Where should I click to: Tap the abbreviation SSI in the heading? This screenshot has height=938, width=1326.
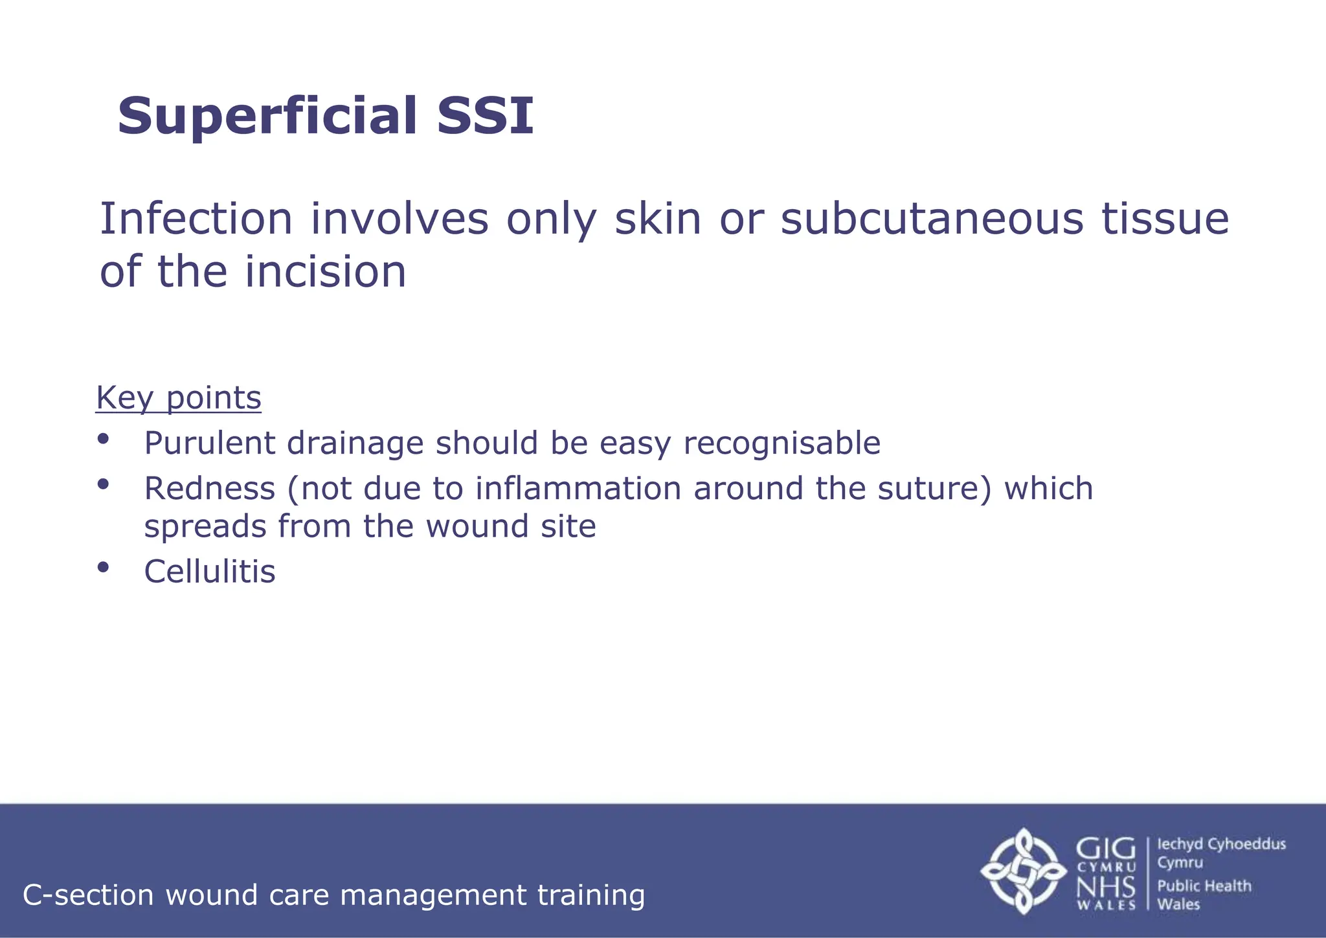(485, 117)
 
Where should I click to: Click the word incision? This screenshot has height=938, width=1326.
(326, 271)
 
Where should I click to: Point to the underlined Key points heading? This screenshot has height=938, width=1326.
(179, 397)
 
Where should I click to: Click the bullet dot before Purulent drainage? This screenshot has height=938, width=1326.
(103, 439)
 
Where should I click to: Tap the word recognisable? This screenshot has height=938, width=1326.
(781, 444)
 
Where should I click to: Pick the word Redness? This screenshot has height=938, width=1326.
(209, 488)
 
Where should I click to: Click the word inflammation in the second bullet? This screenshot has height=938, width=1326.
(578, 488)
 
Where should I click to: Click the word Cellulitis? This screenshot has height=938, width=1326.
(209, 572)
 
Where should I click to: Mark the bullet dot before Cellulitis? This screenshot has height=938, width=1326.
(103, 568)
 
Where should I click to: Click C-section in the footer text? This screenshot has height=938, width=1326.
(88, 895)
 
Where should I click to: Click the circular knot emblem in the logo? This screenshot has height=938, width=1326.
(1023, 871)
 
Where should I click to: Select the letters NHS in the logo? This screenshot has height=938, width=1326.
(1106, 887)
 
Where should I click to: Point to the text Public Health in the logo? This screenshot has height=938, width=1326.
(1204, 886)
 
